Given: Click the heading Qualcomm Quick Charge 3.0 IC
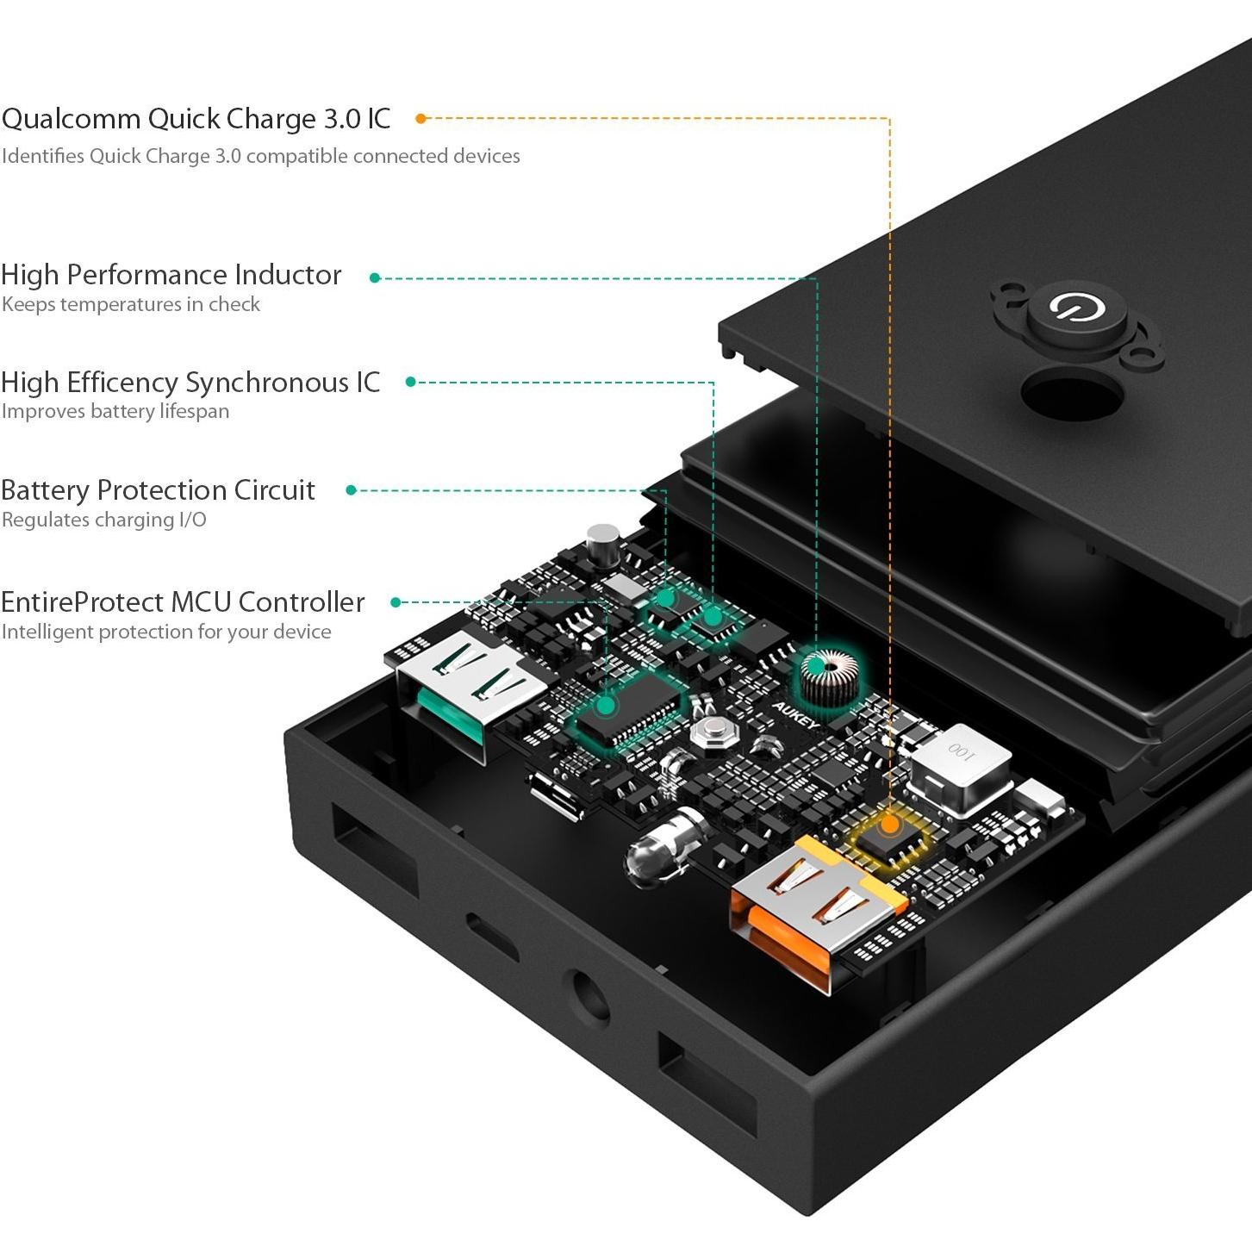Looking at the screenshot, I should click(196, 119).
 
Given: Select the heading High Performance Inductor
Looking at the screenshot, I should click(171, 275).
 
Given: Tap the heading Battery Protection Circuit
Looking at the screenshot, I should click(158, 490).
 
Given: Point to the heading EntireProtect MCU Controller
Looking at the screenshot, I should click(183, 602).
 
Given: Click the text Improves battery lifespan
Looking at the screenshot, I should click(115, 411).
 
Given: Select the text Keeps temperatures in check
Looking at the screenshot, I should click(131, 304).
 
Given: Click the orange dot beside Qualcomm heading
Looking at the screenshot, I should click(421, 119).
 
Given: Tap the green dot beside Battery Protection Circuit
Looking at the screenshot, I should click(352, 490).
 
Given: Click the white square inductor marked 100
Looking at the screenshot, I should click(960, 766).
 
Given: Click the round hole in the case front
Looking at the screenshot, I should click(586, 997).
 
